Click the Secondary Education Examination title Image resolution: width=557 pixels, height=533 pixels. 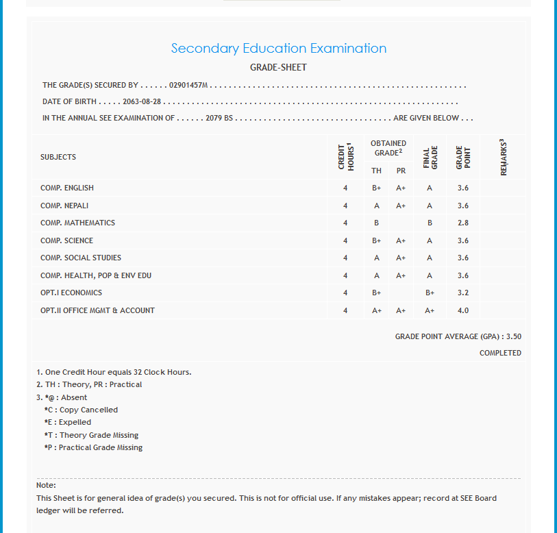pos(278,49)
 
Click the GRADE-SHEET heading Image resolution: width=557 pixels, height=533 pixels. pos(278,67)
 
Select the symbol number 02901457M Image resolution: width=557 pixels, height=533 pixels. pos(188,86)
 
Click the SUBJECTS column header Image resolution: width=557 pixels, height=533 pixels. pos(58,157)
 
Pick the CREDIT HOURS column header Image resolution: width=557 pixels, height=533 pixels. pos(345,157)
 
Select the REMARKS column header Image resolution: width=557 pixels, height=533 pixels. pos(504,157)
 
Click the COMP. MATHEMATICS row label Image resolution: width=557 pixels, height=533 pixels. pos(77,223)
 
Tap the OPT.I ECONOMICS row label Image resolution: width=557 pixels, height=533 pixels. pos(71,293)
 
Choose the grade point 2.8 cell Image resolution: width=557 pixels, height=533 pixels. pos(463,223)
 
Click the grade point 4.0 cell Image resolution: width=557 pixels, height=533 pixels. pos(463,310)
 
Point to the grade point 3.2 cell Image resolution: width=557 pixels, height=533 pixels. pos(463,293)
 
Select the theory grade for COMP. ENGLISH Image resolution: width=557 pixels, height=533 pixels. pos(377,188)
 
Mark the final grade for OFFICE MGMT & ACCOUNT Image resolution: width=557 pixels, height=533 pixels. pos(430,310)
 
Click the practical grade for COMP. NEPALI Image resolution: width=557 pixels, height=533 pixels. pos(401,206)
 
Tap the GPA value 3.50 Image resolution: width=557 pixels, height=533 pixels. pos(514,336)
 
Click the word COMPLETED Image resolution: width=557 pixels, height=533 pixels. pos(500,353)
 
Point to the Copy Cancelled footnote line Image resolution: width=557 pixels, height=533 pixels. pos(81,410)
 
